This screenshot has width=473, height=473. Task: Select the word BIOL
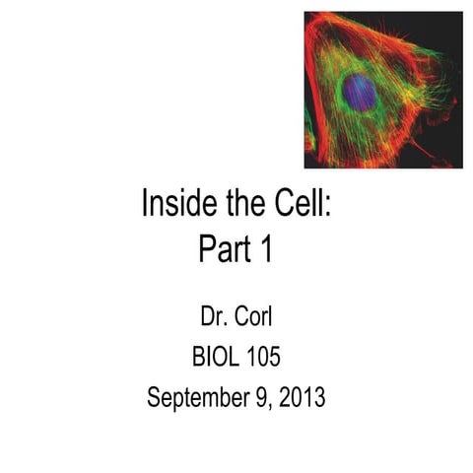218,358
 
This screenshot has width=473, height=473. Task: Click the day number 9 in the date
253,398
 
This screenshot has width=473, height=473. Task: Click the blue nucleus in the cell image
360,93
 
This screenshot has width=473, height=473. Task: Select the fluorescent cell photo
382,90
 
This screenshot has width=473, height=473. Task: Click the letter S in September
154,398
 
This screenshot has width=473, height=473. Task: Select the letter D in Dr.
207,317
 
